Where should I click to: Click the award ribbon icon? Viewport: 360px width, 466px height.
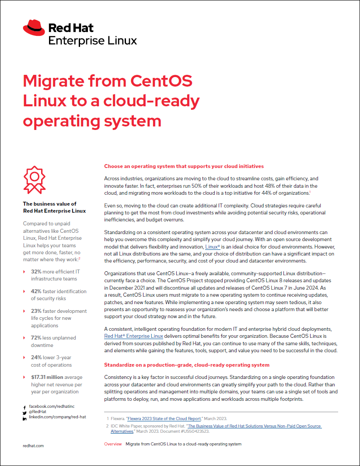coord(34,179)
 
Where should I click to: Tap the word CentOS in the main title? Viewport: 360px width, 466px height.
coord(162,81)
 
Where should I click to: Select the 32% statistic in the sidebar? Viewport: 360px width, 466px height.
coord(36,272)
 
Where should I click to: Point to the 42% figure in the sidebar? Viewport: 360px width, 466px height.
coord(36,291)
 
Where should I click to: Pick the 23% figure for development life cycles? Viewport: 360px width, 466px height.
coord(36,311)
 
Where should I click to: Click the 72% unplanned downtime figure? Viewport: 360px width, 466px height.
coord(36,338)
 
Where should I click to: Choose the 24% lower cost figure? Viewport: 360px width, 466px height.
coord(36,357)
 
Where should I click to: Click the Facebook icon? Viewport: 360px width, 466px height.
coord(24,407)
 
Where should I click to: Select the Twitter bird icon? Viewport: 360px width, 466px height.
coord(24,413)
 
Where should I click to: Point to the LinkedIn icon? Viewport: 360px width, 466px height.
coord(24,418)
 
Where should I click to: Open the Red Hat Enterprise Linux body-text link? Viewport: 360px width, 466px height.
coord(133,336)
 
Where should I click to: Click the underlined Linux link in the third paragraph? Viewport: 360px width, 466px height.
coord(213,247)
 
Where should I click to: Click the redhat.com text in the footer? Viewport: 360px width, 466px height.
coord(33,445)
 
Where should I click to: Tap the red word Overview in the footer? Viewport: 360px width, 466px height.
coord(113,444)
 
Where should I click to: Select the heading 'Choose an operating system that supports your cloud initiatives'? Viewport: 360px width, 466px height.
coord(184,166)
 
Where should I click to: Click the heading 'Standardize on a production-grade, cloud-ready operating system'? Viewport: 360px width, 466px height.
coord(187,365)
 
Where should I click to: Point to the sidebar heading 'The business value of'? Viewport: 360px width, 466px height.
coord(49,203)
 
